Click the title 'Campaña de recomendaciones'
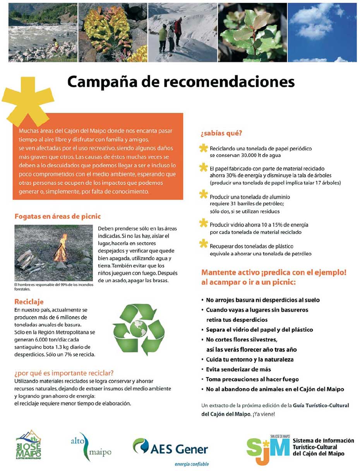181,82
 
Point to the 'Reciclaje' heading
29,301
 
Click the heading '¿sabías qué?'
221,134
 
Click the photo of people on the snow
182,33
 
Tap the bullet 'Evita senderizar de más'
238,369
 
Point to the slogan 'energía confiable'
192,464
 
